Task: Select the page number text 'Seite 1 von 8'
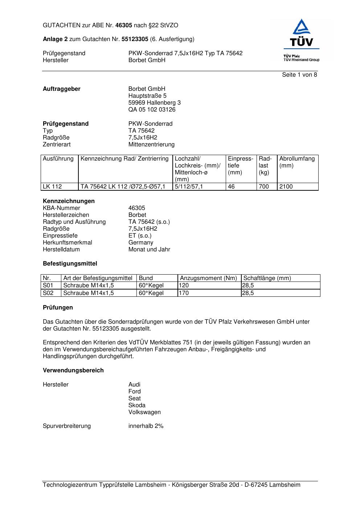click(299, 75)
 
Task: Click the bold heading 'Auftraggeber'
click(62, 89)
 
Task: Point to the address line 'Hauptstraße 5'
click(147, 96)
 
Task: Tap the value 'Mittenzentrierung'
click(151, 145)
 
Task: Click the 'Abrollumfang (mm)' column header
click(297, 162)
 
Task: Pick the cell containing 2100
click(286, 187)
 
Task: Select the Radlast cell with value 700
click(264, 187)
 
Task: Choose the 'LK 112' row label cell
click(53, 187)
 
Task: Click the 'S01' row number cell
click(48, 286)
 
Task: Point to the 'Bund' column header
click(146, 278)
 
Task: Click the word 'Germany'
click(141, 243)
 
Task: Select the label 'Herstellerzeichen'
click(66, 215)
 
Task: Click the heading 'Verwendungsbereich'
click(73, 371)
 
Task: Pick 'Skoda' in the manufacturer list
click(137, 405)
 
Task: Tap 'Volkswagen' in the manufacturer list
click(144, 412)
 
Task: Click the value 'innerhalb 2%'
click(146, 426)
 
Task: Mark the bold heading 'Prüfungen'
click(58, 308)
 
